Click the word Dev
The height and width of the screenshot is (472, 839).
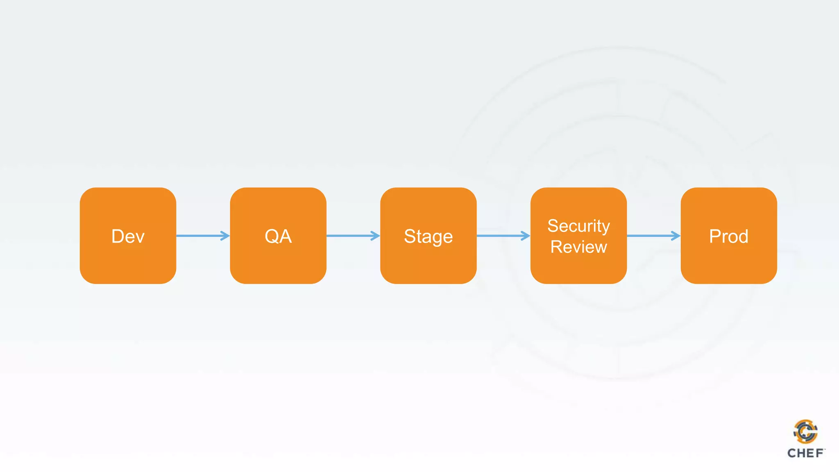[x=128, y=236]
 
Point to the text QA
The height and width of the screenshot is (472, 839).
[x=278, y=236]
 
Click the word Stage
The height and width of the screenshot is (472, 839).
[x=428, y=237]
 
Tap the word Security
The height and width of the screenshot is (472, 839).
[x=578, y=226]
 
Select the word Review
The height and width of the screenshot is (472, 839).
[x=578, y=247]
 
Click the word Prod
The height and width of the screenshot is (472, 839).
[x=729, y=236]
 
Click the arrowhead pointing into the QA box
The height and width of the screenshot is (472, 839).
[x=225, y=236]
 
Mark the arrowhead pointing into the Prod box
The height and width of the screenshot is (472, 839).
[x=676, y=236]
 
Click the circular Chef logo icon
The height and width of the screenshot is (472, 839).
[x=805, y=431]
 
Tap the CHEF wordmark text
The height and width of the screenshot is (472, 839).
[x=805, y=453]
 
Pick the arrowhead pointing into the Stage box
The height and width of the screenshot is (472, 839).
[x=375, y=236]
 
